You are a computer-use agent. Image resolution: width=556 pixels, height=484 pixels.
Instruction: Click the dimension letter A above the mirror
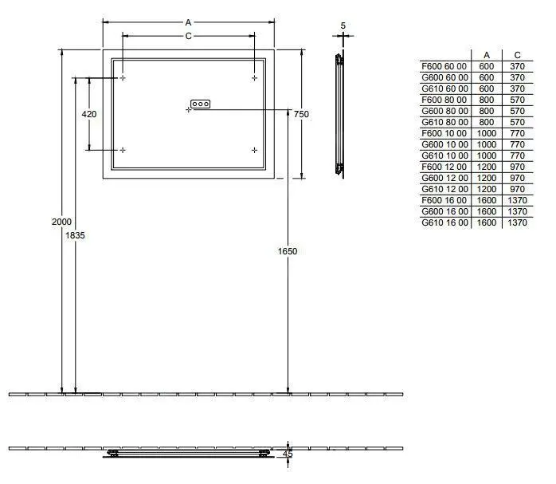[x=188, y=23]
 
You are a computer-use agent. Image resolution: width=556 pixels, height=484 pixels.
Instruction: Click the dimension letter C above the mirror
[x=188, y=37]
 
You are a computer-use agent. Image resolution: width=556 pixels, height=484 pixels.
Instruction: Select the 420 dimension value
[x=89, y=114]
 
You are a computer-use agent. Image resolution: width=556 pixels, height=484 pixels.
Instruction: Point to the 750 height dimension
[x=301, y=114]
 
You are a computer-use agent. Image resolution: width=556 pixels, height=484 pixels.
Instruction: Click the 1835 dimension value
[x=76, y=235]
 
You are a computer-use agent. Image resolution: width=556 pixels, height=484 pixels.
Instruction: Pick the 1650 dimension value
[x=287, y=251]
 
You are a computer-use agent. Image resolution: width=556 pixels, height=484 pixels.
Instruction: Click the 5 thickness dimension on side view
[x=343, y=26]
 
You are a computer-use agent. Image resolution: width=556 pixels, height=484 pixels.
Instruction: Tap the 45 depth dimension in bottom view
[x=288, y=454]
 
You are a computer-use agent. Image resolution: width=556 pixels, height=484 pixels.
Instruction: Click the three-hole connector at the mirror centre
[x=200, y=104]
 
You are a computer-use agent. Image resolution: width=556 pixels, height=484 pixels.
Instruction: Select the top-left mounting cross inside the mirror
[x=123, y=78]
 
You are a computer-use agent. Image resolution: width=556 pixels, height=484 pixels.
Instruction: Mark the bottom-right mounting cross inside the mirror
[x=254, y=150]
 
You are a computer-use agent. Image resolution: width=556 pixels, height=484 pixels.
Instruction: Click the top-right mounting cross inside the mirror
[x=254, y=78]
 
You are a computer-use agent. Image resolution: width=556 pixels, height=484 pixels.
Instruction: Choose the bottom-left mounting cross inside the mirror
[x=123, y=150]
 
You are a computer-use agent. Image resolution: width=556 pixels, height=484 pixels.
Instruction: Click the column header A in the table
[x=486, y=55]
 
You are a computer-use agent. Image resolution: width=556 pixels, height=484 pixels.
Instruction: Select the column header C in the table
[x=517, y=55]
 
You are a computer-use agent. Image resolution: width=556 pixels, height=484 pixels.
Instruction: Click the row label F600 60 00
[x=444, y=66]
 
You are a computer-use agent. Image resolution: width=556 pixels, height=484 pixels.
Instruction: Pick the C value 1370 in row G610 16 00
[x=517, y=223]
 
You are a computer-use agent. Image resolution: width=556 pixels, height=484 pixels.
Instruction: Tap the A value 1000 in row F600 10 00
[x=486, y=133]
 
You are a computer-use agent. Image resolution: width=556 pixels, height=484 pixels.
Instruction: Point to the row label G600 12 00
[x=444, y=179]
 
